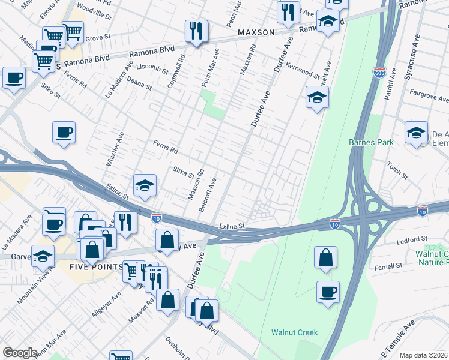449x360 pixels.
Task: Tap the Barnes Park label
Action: pyautogui.click(x=371, y=142)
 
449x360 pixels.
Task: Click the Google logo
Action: pyautogui.click(x=20, y=353)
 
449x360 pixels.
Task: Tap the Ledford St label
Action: pyautogui.click(x=411, y=239)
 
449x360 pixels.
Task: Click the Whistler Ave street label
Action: pyautogui.click(x=114, y=149)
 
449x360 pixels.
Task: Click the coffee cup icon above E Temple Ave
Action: pyautogui.click(x=328, y=292)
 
